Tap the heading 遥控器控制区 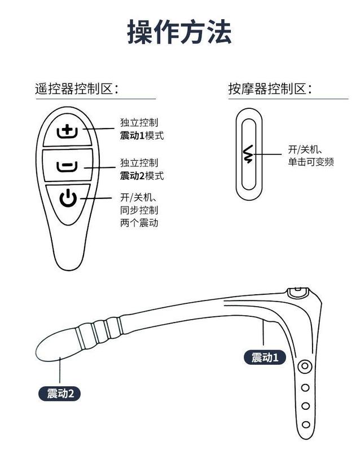pyautogui.click(x=79, y=89)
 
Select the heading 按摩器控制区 pyautogui.click(x=270, y=89)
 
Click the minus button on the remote pyautogui.click(x=67, y=166)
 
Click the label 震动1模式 pyautogui.click(x=142, y=135)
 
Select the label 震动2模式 pyautogui.click(x=142, y=176)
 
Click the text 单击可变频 pyautogui.click(x=311, y=162)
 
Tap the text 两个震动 pyautogui.click(x=139, y=223)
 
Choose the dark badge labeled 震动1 pyautogui.click(x=265, y=357)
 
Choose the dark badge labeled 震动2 pyautogui.click(x=60, y=393)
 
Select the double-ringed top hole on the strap pyautogui.click(x=305, y=367)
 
